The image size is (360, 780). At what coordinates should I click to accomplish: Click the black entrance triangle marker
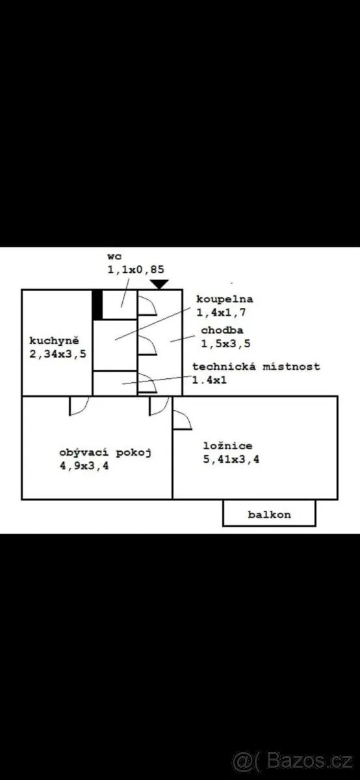point(159,284)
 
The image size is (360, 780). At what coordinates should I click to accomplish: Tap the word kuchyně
point(54,340)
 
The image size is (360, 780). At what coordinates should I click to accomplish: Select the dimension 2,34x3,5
point(58,354)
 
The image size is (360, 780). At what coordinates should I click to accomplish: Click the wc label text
point(114,257)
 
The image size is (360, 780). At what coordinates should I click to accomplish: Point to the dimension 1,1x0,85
point(135,270)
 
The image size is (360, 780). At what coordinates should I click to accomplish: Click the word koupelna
point(225,299)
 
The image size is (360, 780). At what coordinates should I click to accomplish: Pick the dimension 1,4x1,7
point(221,313)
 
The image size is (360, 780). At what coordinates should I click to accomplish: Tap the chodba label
point(222,330)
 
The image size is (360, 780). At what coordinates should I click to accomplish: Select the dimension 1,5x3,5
point(225,344)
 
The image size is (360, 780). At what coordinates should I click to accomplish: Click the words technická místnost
point(256,367)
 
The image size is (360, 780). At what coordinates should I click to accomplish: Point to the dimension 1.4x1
point(210,380)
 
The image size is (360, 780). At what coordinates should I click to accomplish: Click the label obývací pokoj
point(105,452)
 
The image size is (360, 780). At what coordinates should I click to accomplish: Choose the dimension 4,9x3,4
point(84,466)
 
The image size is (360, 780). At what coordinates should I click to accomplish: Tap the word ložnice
point(227,446)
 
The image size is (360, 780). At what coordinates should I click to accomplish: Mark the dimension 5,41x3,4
point(231,460)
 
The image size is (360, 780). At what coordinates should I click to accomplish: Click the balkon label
point(269,515)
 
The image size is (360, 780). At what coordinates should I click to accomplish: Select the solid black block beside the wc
point(97,305)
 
